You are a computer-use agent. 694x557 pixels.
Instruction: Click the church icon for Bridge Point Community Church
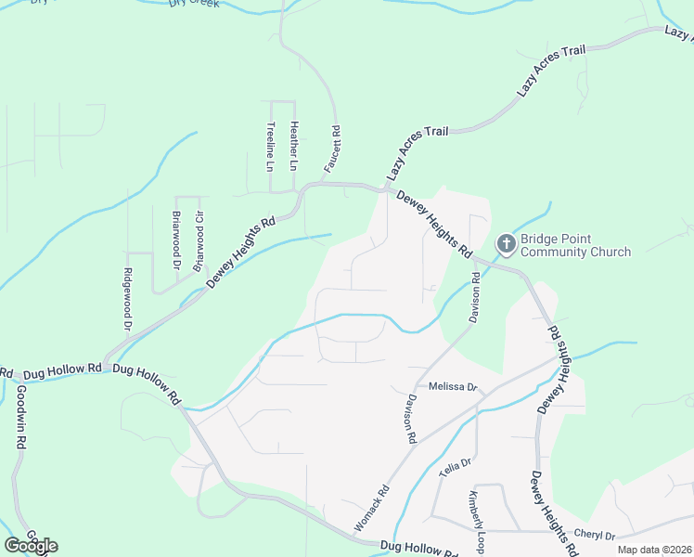pyautogui.click(x=506, y=244)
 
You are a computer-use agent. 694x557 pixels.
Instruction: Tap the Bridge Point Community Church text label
pyautogui.click(x=575, y=245)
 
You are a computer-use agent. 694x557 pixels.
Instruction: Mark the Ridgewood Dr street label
pyautogui.click(x=128, y=300)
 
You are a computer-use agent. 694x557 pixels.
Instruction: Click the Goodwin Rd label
pyautogui.click(x=18, y=418)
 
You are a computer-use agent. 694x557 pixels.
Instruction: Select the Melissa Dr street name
pyautogui.click(x=452, y=387)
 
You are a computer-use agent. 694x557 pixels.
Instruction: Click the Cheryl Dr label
pyautogui.click(x=595, y=536)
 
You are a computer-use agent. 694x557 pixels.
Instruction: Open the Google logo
pyautogui.click(x=31, y=546)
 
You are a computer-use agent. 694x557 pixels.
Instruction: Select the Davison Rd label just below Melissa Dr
pyautogui.click(x=408, y=417)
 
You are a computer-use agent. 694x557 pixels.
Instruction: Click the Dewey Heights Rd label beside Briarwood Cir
pyautogui.click(x=241, y=253)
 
